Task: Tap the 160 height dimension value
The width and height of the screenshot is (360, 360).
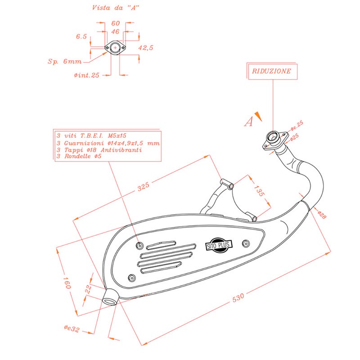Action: pyautogui.click(x=67, y=284)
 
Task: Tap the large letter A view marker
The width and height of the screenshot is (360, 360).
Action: pyautogui.click(x=248, y=121)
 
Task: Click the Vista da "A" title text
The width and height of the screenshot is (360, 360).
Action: pyautogui.click(x=116, y=8)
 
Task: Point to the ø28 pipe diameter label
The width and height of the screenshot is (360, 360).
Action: pyautogui.click(x=322, y=215)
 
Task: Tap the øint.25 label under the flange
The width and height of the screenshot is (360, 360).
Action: pyautogui.click(x=86, y=75)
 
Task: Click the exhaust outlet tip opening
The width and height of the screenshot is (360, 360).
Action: pyautogui.click(x=109, y=297)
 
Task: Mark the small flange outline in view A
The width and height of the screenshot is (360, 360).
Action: pyautogui.click(x=115, y=47)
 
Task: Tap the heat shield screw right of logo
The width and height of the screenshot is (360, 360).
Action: pyautogui.click(x=245, y=243)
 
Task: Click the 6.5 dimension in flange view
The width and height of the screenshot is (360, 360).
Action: pyautogui.click(x=81, y=36)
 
